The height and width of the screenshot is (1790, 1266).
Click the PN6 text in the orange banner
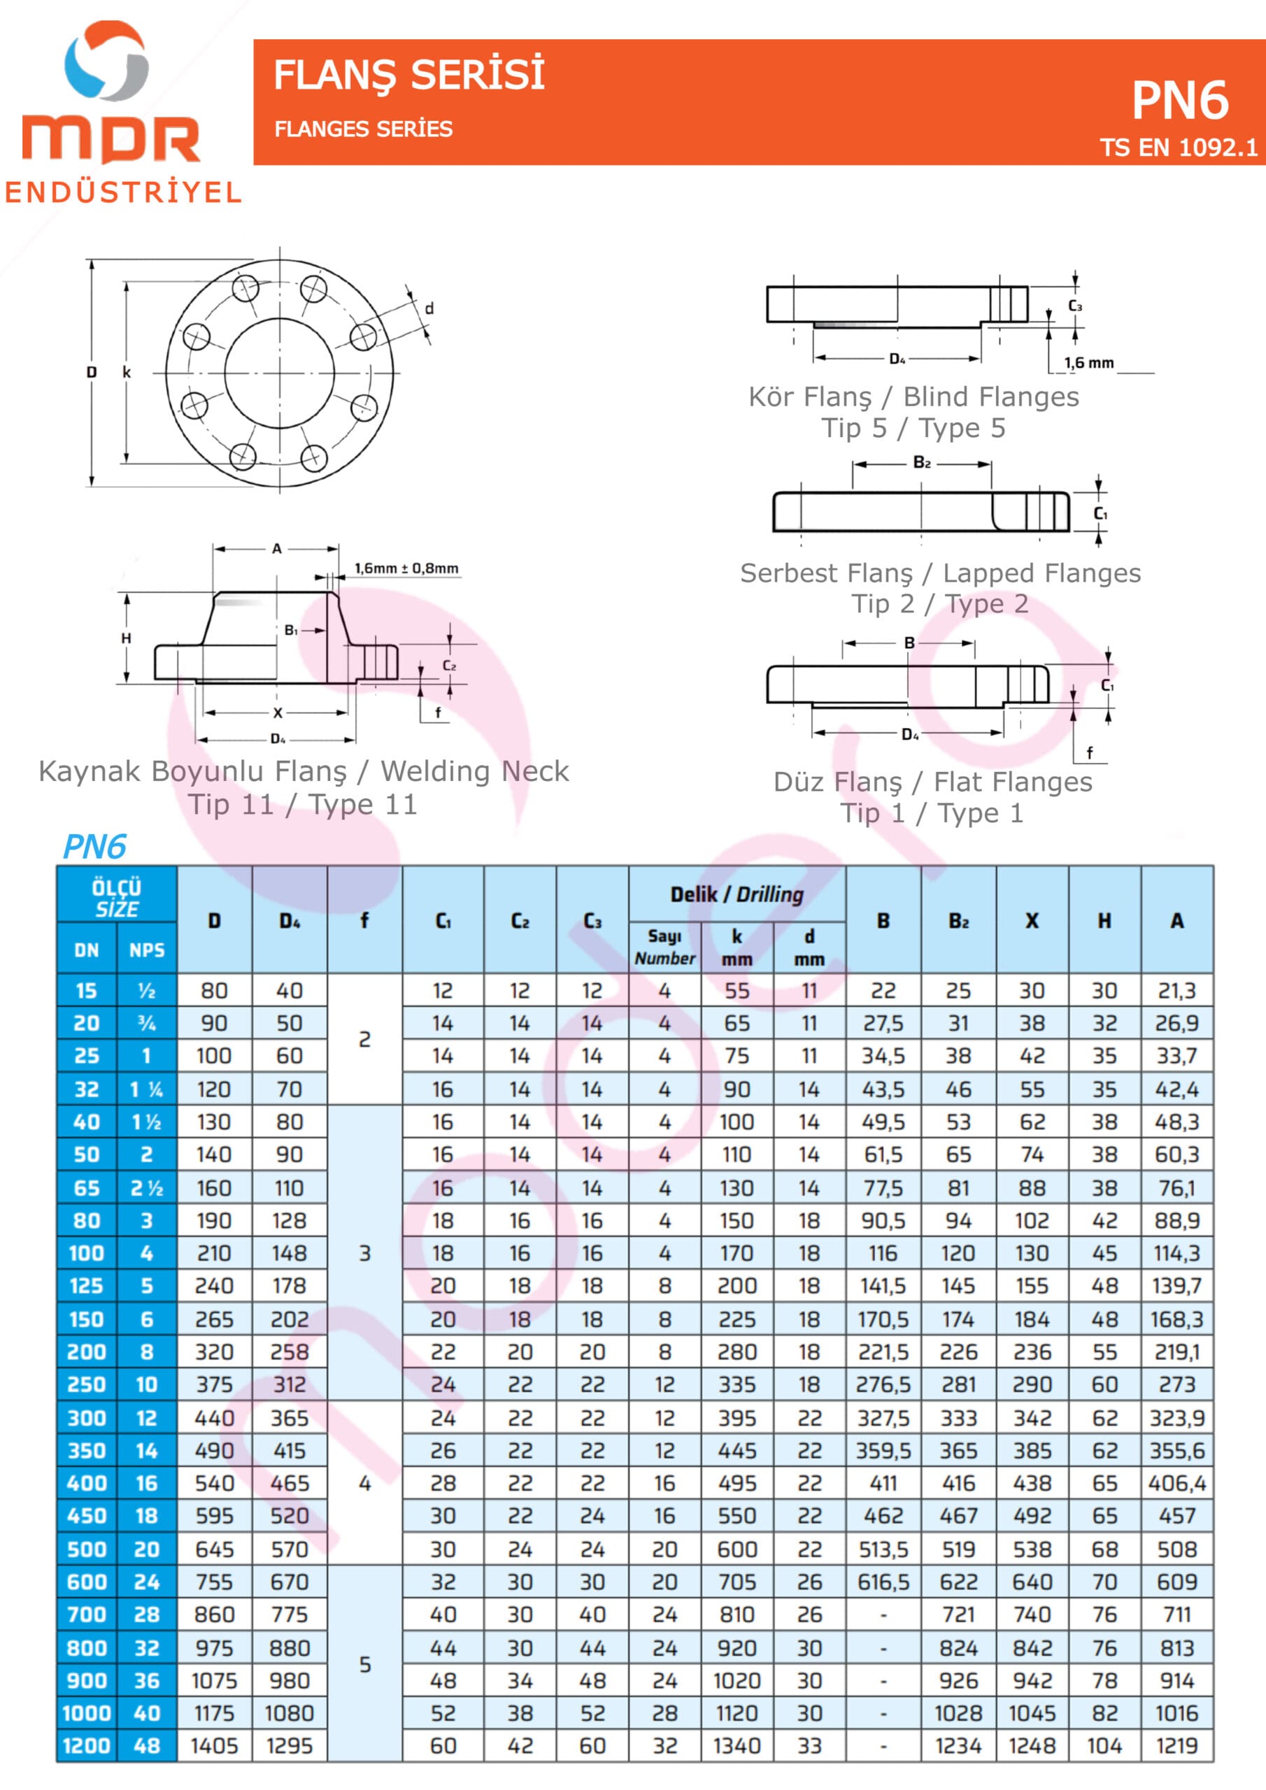(1179, 101)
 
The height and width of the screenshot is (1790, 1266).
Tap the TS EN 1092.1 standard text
(1178, 148)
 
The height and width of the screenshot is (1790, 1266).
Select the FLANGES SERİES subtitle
(363, 129)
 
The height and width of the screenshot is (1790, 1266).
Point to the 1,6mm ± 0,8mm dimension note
(406, 568)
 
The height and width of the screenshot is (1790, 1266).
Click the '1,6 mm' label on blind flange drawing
(1089, 362)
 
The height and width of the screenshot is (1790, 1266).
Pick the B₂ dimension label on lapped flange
(921, 463)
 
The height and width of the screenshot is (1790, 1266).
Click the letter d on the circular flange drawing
(429, 309)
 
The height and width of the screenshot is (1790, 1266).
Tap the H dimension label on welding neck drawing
(126, 638)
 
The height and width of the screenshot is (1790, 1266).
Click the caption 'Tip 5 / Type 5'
(913, 428)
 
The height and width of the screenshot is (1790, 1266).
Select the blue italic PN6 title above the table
(94, 847)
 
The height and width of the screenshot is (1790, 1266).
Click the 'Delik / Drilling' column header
(737, 894)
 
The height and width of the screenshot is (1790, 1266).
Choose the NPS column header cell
(147, 950)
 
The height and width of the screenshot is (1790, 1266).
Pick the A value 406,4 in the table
(1176, 1484)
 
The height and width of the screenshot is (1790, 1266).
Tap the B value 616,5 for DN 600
(883, 1582)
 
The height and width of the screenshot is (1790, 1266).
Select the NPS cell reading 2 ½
(147, 1188)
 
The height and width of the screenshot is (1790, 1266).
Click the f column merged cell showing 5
(364, 1664)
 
